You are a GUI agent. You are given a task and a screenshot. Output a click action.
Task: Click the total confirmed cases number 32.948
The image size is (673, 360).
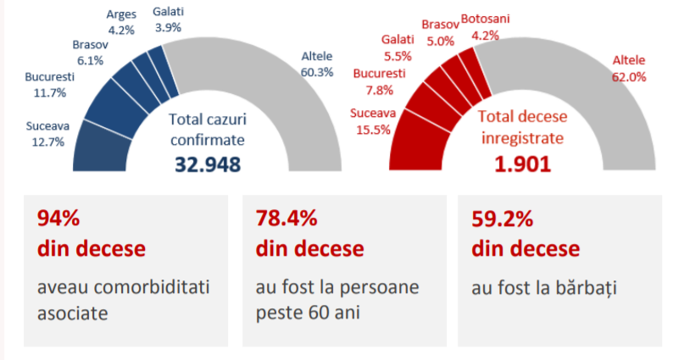pyautogui.click(x=208, y=164)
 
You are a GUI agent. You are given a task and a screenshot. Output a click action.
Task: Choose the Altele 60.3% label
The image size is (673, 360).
pyautogui.click(x=317, y=64)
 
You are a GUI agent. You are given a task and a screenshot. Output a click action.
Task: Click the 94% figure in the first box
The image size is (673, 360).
pyautogui.click(x=58, y=219)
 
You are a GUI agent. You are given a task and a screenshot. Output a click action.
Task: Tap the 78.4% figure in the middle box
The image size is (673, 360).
pyautogui.click(x=286, y=219)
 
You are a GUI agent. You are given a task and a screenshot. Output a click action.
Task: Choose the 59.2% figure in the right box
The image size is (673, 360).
pyautogui.click(x=502, y=219)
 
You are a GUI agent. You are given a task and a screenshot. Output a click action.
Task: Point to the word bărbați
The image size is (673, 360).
pyautogui.click(x=582, y=288)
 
